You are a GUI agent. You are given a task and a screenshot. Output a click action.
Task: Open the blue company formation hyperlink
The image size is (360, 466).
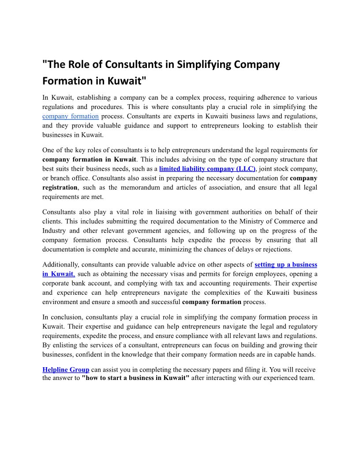tap(71, 116)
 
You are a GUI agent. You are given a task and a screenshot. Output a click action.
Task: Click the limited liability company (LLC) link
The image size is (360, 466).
tap(207, 169)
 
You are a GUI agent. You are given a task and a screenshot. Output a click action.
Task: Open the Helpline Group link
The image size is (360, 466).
tap(66, 369)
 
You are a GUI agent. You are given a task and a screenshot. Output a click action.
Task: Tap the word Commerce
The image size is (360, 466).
tap(289, 221)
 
